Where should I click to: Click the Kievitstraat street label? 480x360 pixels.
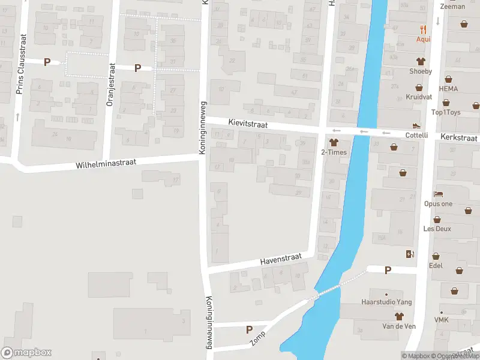click(248, 123)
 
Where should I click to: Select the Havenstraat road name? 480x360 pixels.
click(279, 260)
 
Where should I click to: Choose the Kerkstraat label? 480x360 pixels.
click(458, 137)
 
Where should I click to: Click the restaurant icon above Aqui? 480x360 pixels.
click(424, 29)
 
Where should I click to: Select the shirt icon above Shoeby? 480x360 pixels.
click(421, 61)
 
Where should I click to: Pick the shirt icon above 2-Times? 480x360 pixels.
click(334, 143)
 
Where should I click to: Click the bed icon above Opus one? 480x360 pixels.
click(438, 194)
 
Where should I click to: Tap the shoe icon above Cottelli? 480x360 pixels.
click(416, 125)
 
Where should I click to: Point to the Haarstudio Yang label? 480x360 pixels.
click(386, 302)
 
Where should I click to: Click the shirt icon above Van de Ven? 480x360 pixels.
click(398, 316)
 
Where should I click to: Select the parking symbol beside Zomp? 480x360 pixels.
click(249, 329)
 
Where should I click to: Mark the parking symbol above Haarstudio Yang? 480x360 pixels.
click(388, 270)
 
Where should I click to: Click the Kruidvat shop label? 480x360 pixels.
click(419, 97)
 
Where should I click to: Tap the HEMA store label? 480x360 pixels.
click(448, 88)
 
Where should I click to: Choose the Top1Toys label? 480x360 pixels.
click(446, 112)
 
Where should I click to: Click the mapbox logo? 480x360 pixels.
click(26, 353)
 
